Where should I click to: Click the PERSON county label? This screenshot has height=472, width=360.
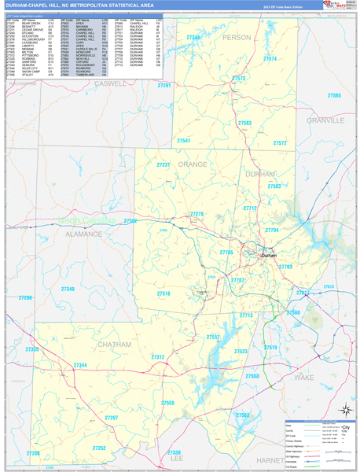(x=236, y=37)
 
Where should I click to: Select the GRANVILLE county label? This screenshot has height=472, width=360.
(x=325, y=120)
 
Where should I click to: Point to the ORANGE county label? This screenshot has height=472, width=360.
(x=192, y=164)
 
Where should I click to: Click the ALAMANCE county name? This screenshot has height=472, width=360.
(x=83, y=234)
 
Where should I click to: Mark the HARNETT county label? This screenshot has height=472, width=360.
(x=270, y=460)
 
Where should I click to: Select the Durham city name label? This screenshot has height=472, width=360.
(x=269, y=256)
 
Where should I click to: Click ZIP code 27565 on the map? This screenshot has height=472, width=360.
(x=334, y=95)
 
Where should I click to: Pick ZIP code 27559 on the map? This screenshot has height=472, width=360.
(x=168, y=403)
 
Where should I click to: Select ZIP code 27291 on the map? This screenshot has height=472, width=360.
(x=163, y=85)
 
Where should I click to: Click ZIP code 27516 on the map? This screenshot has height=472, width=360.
(x=163, y=293)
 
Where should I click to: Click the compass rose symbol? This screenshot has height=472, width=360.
(x=344, y=410)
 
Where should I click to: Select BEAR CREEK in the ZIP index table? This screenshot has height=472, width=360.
(x=31, y=24)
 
